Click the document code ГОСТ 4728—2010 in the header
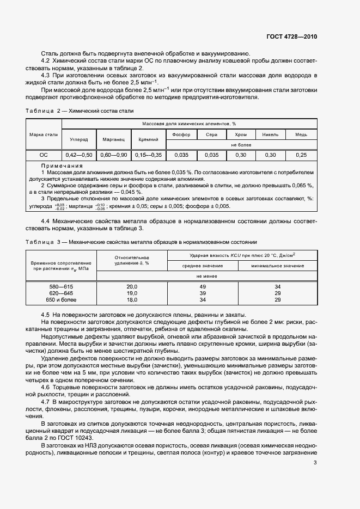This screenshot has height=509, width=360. point(291,37)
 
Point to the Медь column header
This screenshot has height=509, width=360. point(301,134)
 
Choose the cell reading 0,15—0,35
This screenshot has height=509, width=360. point(149,155)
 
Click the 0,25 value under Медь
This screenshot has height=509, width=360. point(301,155)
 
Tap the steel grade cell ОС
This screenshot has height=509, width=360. point(44,155)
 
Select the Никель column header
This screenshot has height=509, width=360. point(270,134)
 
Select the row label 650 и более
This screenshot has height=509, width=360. point(62,299)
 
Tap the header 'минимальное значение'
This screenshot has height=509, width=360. point(278,266)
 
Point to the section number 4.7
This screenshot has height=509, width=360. point(46,401)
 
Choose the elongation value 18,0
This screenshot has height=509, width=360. point(132,299)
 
